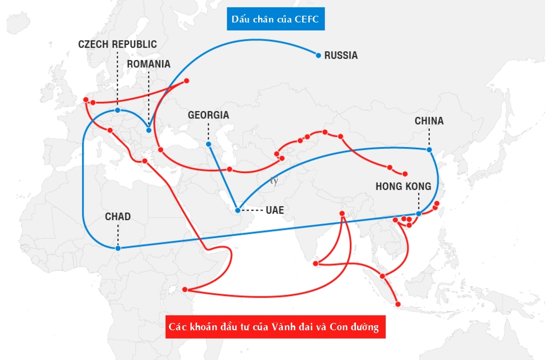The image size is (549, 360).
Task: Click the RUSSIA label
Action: pos(341,56)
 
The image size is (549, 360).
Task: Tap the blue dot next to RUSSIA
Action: pos(318,55)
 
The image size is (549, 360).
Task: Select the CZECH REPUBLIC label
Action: pos(117,44)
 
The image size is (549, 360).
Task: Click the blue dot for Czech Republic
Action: pos(117,110)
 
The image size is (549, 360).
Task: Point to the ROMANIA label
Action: pos(148,63)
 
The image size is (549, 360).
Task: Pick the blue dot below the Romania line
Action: pos(149,130)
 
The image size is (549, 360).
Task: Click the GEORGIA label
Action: pos(208,115)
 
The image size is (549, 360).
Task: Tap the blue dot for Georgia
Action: pos(208,144)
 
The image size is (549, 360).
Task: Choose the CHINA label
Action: pos(429,121)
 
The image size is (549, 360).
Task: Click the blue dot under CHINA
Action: pos(429,149)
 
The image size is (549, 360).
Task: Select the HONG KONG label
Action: pos(403,186)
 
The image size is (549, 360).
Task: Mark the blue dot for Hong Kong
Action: pos(419,214)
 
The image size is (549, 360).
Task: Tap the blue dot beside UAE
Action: pos(237,211)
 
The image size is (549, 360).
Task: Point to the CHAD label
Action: pos(117,217)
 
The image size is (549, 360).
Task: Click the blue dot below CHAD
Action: pos(117,248)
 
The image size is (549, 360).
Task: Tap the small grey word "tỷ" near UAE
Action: pos(274,181)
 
